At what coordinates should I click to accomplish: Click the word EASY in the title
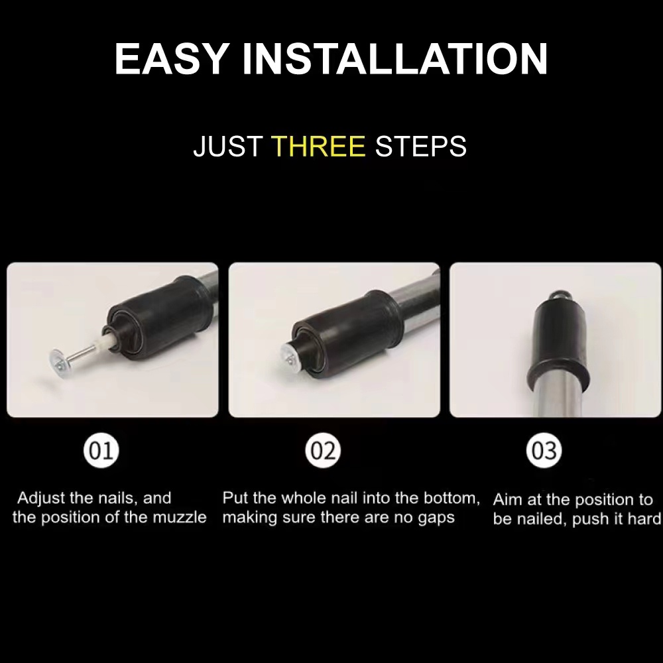pos(172,59)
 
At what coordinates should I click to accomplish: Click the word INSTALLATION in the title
pos(395,59)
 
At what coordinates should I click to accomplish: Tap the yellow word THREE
pos(318,147)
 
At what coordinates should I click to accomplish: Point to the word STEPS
pos(421,147)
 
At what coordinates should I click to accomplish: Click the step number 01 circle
pos(101,450)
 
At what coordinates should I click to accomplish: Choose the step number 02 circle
pos(323,450)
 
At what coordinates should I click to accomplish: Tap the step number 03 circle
pos(544,450)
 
